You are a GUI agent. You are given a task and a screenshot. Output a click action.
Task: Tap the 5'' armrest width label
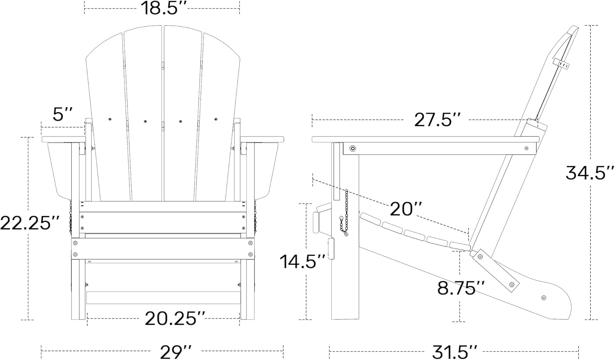63,114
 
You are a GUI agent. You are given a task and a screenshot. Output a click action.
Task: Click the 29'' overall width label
176,351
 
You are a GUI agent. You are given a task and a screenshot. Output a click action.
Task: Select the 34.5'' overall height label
590,173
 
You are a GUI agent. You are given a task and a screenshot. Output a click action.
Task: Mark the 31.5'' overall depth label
454,351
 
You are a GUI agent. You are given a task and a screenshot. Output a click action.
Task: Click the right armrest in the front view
262,139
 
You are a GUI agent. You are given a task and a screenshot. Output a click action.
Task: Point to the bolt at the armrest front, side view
352,148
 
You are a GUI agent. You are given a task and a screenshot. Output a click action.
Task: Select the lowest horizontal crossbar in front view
163,298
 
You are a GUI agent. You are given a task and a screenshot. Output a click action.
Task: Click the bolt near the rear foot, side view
544,298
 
